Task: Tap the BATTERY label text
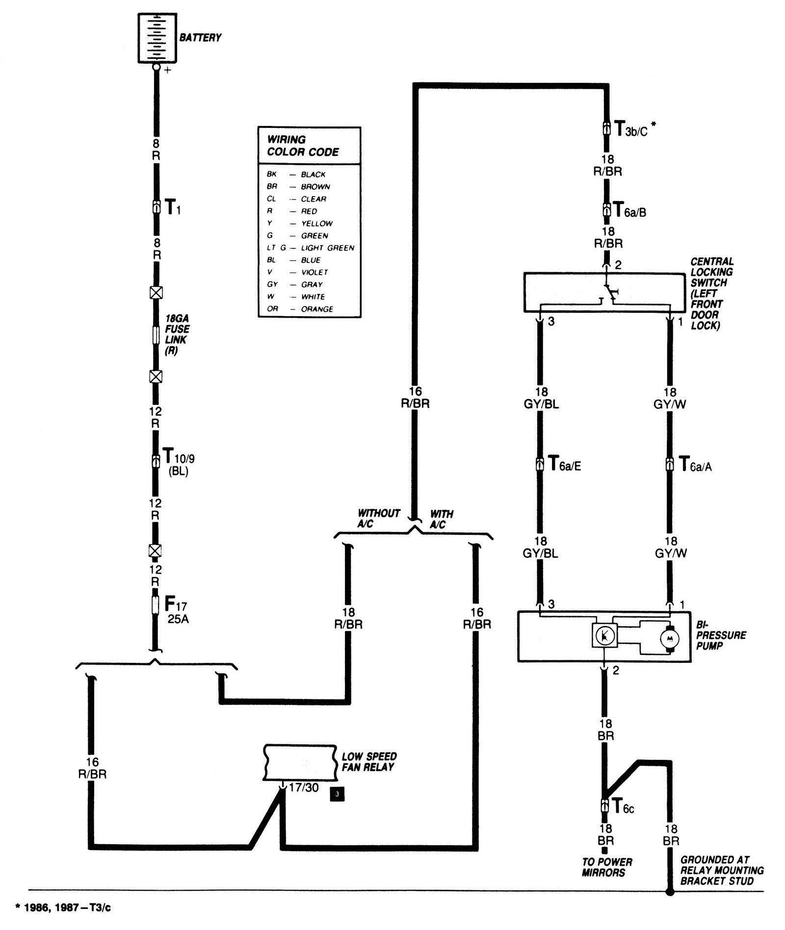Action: [200, 37]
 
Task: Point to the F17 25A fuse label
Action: [178, 608]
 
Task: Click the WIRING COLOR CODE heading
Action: [303, 146]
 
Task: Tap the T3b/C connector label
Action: [630, 131]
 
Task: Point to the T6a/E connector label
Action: [564, 464]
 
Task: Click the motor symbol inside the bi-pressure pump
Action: [668, 638]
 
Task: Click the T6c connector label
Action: [623, 806]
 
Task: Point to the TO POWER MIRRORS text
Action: [607, 867]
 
